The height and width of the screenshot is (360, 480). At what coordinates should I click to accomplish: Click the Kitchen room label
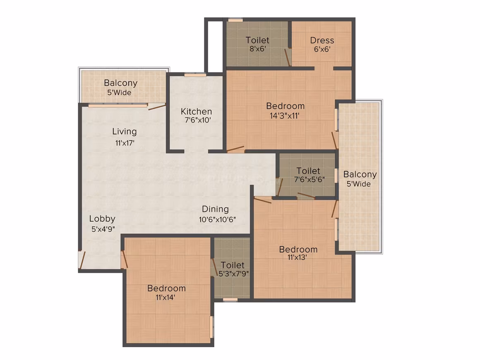coord(196,111)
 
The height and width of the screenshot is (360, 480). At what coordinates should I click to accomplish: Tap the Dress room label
coord(322,41)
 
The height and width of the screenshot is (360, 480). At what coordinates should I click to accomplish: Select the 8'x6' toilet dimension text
coord(257,49)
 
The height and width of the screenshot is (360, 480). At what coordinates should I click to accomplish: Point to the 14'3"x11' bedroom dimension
coord(284,116)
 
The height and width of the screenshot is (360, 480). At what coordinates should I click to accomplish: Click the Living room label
coord(124,132)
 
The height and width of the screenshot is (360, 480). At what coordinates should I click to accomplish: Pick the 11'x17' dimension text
coord(125,143)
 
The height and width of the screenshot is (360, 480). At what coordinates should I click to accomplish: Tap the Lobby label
coord(102,219)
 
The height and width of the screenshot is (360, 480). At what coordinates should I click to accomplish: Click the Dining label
coord(215,209)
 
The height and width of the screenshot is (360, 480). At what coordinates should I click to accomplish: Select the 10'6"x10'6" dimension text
coord(217,219)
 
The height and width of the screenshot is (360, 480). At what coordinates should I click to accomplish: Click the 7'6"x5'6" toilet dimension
coord(309,180)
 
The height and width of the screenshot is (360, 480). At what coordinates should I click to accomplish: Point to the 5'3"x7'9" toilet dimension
coord(233,274)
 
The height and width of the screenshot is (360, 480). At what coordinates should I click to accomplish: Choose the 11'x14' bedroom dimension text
coord(165,297)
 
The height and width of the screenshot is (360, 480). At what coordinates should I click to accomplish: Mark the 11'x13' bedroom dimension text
coord(297,257)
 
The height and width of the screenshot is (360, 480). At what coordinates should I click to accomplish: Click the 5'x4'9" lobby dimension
coord(103,229)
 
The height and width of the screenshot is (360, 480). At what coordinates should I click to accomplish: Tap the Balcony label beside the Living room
coord(120,83)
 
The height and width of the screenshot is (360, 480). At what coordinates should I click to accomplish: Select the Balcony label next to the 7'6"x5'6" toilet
coord(360,175)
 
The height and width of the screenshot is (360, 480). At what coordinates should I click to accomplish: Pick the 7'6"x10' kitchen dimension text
coord(198,120)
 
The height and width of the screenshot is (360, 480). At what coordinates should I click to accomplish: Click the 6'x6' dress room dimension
coord(322,49)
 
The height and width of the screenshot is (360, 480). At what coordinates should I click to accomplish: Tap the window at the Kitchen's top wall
coord(195,74)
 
